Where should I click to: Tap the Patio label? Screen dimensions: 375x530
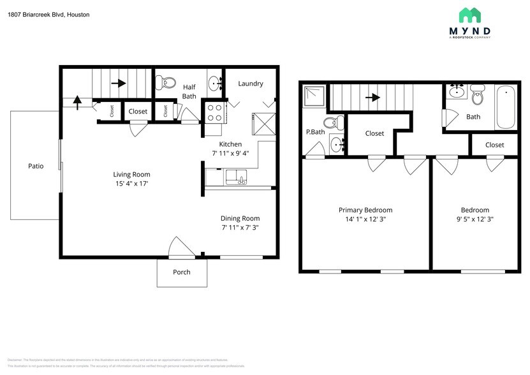point(36,166)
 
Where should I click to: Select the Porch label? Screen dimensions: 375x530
point(182,272)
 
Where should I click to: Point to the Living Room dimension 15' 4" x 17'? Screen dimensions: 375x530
point(132,184)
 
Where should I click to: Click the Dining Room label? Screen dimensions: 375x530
point(240,218)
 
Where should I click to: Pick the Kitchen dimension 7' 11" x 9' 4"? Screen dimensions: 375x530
point(235,153)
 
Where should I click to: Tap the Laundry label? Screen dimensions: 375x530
point(251,84)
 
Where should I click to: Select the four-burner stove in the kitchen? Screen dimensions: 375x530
point(214,112)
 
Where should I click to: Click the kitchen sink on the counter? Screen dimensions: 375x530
point(236,177)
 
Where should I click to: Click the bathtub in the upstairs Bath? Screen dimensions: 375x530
point(506,108)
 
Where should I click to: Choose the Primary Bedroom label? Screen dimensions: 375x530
point(365,210)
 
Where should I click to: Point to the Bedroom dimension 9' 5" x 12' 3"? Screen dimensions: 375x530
point(475,219)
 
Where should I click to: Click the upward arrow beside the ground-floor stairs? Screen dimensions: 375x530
point(77,100)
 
